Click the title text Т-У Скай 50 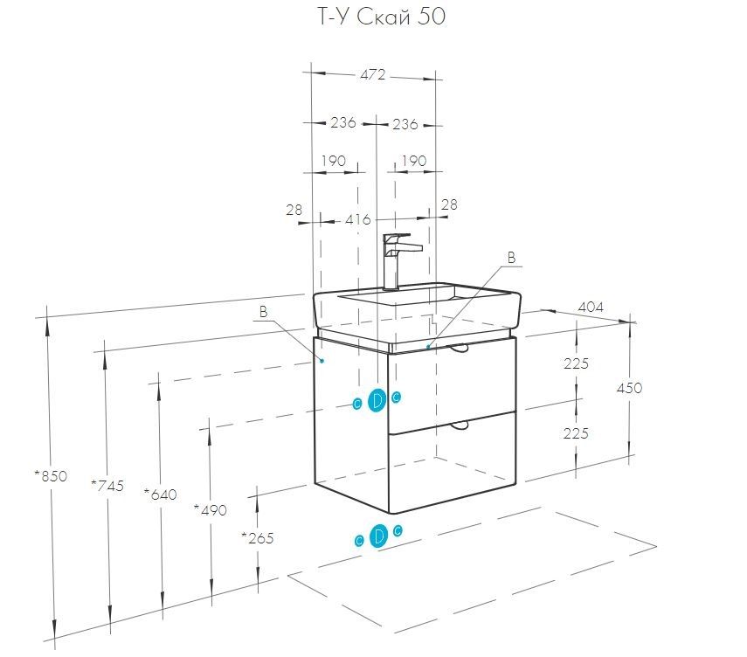[374, 18]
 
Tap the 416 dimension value [358, 219]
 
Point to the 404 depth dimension [591, 307]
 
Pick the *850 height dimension [50, 476]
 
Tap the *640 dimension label [160, 494]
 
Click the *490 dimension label [210, 510]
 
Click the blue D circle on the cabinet [377, 400]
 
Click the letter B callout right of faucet [512, 257]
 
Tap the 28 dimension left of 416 [294, 210]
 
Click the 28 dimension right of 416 [449, 204]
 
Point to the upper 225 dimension [576, 363]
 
